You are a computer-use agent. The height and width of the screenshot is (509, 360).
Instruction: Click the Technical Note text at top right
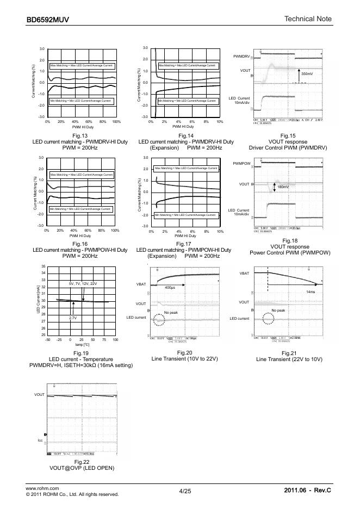308,20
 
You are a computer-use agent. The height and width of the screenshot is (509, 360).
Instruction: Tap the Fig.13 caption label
80,135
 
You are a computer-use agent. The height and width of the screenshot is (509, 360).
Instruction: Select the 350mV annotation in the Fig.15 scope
307,73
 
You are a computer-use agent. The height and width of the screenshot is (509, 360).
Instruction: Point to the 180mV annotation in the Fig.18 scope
283,187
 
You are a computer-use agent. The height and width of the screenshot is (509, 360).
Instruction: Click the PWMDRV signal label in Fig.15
241,57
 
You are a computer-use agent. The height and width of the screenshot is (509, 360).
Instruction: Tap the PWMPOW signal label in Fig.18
241,163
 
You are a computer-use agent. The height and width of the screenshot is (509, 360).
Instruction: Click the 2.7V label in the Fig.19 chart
72,317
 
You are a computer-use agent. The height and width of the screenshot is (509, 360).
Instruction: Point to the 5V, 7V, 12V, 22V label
83,284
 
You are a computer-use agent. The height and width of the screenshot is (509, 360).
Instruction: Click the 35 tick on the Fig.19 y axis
43,266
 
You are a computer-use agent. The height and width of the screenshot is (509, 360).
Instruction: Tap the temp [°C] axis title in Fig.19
82,345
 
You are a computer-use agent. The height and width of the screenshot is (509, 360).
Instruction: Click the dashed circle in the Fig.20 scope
158,320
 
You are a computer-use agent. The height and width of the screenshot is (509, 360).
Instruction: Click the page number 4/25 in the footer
185,491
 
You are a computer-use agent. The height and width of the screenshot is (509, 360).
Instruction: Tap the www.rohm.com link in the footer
42,488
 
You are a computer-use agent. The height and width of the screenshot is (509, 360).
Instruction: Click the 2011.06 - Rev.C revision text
307,491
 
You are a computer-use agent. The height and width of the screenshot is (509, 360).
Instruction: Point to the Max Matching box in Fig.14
187,65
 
